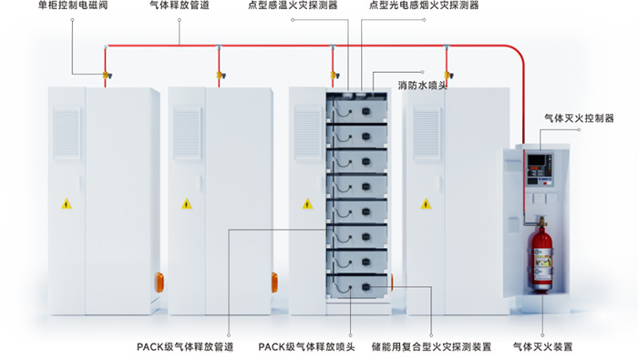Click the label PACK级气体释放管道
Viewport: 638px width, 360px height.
(x=184, y=347)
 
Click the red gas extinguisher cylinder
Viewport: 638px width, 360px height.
(x=544, y=260)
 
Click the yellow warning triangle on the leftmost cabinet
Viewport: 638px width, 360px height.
(x=66, y=203)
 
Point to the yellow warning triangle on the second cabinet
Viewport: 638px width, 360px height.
(x=186, y=203)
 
